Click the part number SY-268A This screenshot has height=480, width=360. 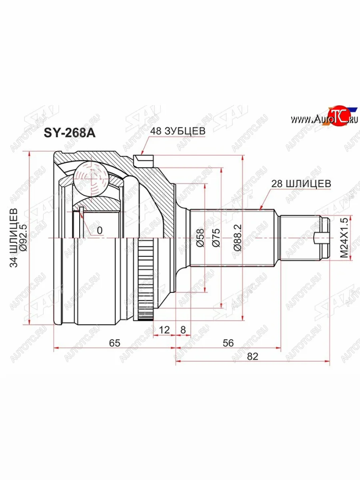pyautogui.click(x=70, y=133)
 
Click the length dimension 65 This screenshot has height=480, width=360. pyautogui.click(x=114, y=342)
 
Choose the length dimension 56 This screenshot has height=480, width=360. pyautogui.click(x=228, y=342)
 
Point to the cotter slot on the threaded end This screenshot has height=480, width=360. pyautogui.click(x=322, y=239)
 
